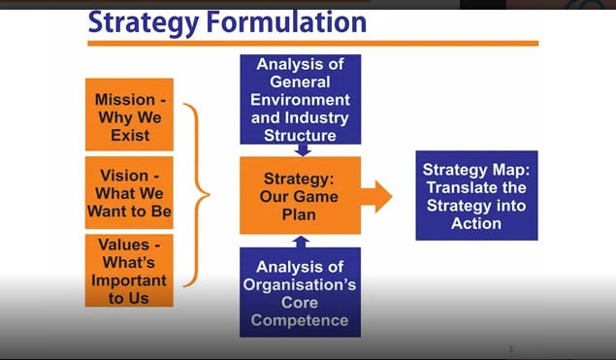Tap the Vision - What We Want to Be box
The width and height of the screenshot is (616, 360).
(x=129, y=191)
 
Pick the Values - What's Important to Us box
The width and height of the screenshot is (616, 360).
(x=129, y=271)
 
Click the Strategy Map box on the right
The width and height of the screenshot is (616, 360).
(x=475, y=195)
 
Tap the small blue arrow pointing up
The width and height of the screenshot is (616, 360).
(x=302, y=241)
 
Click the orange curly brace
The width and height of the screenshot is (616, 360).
(x=200, y=193)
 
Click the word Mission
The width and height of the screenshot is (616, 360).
(x=123, y=100)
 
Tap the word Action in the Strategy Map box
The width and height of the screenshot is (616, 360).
(x=475, y=223)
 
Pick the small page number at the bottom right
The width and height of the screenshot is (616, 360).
(x=510, y=348)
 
